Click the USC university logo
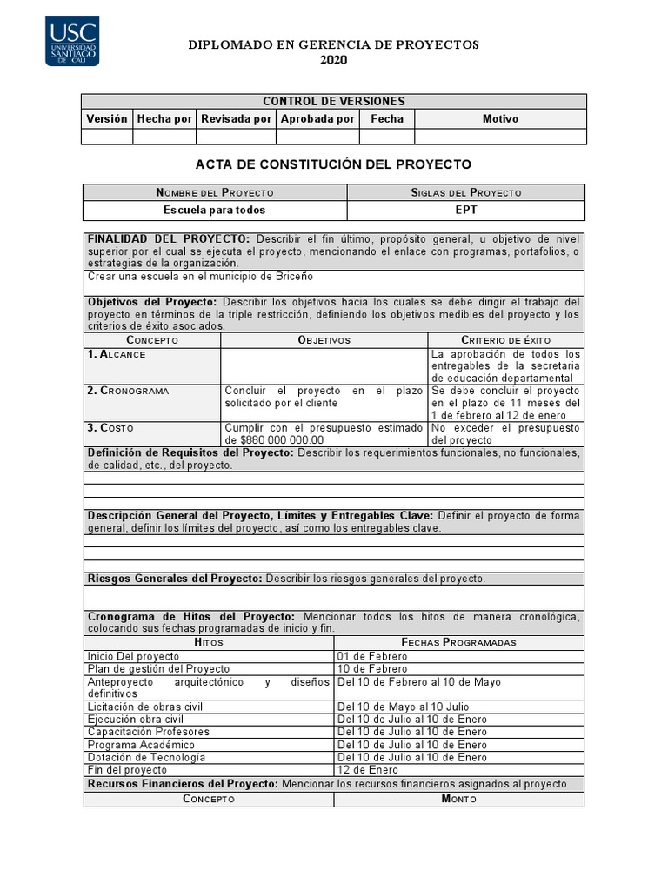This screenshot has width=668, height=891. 72,40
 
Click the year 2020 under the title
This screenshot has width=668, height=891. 333,60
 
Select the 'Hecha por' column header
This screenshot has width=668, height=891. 164,119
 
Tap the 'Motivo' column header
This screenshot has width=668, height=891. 500,119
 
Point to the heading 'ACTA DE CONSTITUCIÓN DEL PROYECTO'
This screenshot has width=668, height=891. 333,164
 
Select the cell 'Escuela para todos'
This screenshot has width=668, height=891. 215,211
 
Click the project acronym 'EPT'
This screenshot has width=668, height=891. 466,211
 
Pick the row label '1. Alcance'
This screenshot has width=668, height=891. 117,355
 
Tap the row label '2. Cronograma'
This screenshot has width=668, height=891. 128,392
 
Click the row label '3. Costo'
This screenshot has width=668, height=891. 110,428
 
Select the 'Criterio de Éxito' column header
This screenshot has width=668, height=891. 505,340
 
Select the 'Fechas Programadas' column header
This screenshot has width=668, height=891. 458,642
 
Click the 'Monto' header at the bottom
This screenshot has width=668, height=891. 458,799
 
